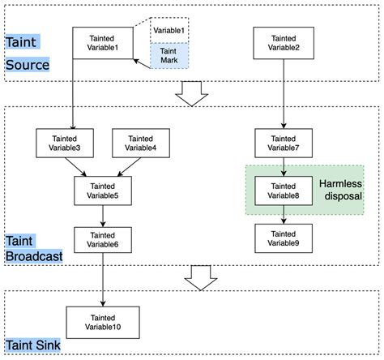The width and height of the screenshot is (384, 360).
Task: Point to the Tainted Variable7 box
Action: (284, 144)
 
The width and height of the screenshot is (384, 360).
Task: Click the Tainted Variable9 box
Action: (284, 237)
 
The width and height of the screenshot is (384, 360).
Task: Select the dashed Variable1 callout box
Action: (169, 31)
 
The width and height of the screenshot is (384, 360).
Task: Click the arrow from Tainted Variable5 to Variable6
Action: (103, 215)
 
